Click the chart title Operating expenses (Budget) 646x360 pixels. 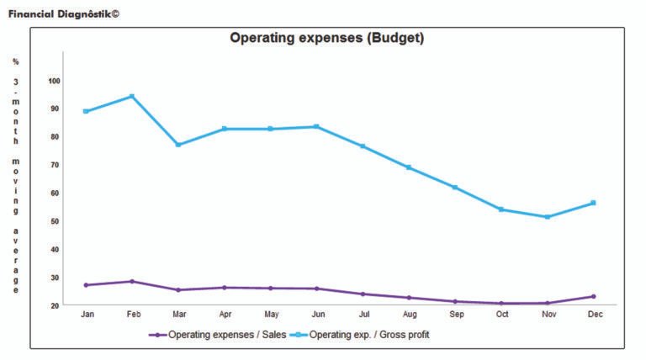(x=327, y=39)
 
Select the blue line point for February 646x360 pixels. (x=132, y=96)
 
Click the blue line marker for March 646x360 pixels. (x=178, y=145)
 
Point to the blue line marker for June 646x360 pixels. (x=316, y=127)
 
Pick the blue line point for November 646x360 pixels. (x=548, y=217)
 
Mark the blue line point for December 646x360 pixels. (x=593, y=203)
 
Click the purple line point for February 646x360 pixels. (x=132, y=281)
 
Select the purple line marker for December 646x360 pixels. (x=593, y=296)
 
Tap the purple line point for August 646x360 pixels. (x=409, y=298)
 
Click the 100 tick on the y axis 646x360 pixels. (x=55, y=81)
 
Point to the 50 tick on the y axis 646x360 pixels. (x=55, y=221)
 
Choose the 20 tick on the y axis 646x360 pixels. (x=55, y=305)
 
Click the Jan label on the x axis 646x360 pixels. (x=86, y=315)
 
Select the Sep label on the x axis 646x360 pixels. (x=455, y=315)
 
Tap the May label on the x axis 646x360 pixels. (x=270, y=315)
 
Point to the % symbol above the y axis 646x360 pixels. (x=15, y=61)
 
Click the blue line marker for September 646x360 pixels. (x=455, y=188)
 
